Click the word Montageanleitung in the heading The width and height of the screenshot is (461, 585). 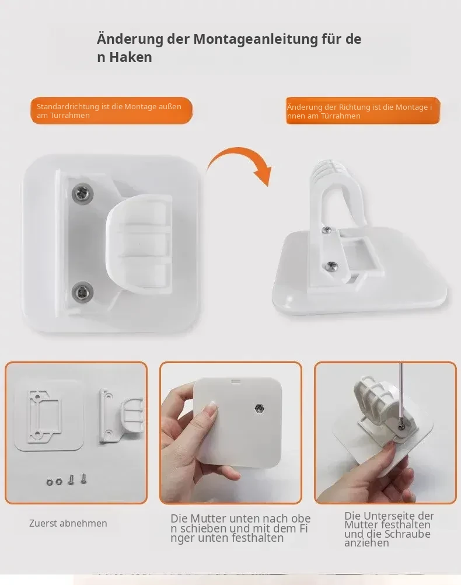pos(256,39)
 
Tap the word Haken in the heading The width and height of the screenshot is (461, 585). pos(131,57)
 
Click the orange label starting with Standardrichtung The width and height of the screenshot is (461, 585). pos(111,111)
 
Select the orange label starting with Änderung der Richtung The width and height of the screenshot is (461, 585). pos(363,111)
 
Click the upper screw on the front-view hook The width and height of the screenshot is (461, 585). pos(82,194)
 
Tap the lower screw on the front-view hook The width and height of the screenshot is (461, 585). pos(82,291)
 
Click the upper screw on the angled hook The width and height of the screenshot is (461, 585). pos(327,230)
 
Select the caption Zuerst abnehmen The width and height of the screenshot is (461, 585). pos(68,524)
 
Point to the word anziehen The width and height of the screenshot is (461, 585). pos(366,543)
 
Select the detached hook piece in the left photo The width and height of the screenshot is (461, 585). pos(120,416)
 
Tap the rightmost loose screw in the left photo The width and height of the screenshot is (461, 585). pos(83,478)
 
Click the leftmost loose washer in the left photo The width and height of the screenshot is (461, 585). pos(50,482)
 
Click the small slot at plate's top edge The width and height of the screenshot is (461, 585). pos(236,381)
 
